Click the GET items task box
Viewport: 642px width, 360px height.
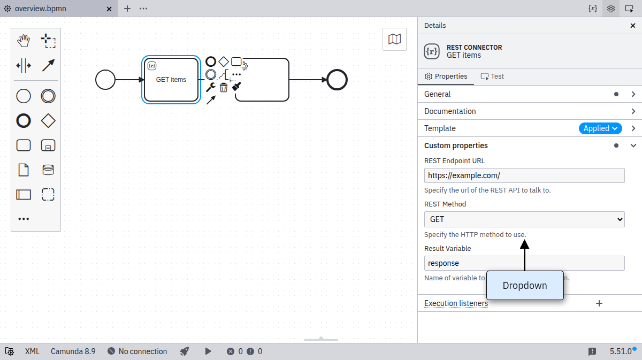171,80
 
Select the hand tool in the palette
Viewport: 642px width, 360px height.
24,41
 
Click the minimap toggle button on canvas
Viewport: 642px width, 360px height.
394,39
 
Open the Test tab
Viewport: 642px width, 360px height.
492,76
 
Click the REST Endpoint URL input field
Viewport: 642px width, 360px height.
524,175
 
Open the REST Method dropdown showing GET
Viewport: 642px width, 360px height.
524,219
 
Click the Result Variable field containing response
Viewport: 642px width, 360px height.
524,263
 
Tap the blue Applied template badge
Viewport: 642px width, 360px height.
600,128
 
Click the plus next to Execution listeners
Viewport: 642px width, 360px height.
599,303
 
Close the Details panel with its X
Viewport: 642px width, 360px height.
633,26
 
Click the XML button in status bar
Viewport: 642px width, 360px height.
32,351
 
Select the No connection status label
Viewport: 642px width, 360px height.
142,351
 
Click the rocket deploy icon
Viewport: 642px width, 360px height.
184,351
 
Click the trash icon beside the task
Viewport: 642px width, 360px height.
224,87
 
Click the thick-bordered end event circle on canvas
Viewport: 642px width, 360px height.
337,80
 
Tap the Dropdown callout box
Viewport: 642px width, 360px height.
525,286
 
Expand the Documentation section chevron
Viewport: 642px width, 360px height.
633,111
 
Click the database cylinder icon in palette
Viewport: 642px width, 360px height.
48,170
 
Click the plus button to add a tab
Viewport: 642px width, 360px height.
127,9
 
